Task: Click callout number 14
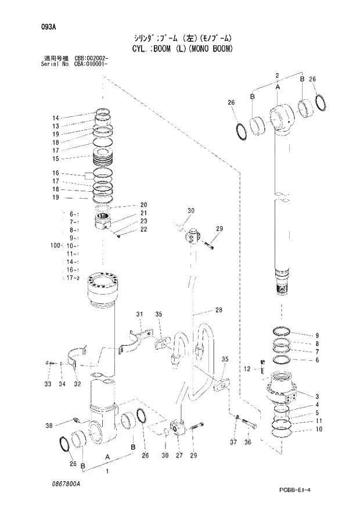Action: [56, 117]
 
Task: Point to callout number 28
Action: [218, 310]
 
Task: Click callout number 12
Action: [247, 368]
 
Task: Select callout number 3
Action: [317, 396]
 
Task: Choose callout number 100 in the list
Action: [56, 246]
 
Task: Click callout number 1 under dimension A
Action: [106, 471]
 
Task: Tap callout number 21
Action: [144, 213]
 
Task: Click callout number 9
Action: [317, 335]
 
